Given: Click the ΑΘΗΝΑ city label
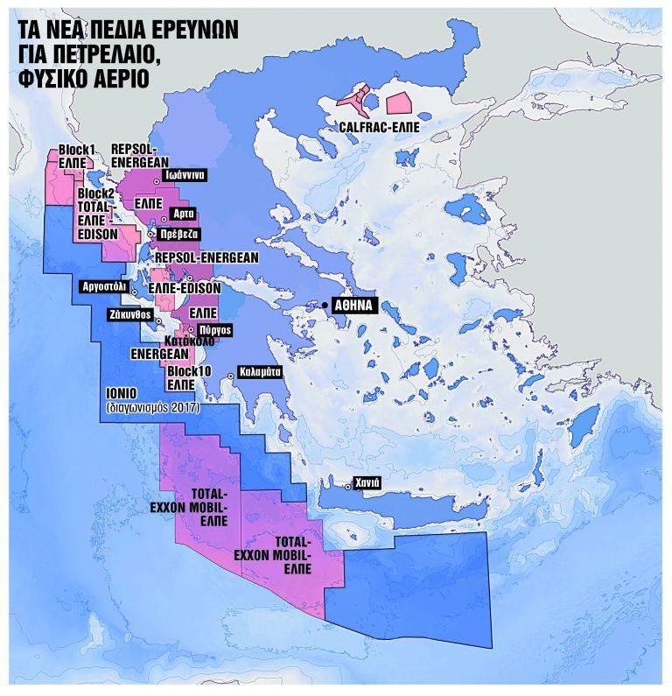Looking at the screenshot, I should point(354,306).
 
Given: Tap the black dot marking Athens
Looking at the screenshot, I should point(325,305).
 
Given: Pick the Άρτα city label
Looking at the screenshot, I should point(183,214).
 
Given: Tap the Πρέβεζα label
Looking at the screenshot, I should point(180,234).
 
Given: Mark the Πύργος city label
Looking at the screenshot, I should point(214,330).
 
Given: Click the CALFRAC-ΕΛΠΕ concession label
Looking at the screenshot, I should point(379,127).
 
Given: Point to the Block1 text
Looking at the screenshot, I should point(76,150).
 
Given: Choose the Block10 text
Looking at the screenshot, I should point(186,370).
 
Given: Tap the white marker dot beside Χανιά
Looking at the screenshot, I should point(347,486).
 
